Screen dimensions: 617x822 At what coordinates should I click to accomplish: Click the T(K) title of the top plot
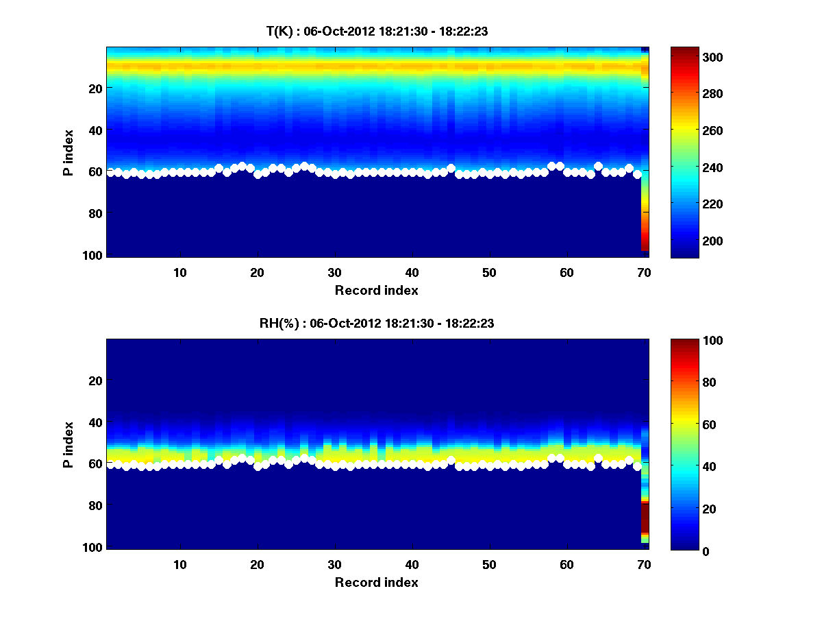[x=377, y=31]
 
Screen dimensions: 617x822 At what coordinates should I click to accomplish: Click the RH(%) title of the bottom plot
[x=377, y=324]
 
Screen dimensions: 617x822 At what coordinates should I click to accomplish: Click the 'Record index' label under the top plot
[x=377, y=290]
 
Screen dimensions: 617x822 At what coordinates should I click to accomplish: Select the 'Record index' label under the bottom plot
[x=377, y=582]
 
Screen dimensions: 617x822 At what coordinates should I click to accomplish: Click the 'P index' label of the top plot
[x=68, y=152]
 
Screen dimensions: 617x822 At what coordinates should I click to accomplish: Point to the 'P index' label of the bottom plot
[x=68, y=444]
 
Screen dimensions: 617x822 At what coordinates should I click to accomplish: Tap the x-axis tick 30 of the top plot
[x=334, y=272]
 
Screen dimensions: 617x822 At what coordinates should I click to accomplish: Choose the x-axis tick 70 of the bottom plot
[x=644, y=564]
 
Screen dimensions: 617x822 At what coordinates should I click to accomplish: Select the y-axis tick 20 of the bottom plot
[x=95, y=380]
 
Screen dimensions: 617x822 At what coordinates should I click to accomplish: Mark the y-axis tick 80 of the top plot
[x=95, y=213]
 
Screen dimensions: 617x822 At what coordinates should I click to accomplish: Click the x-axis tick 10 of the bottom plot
[x=179, y=564]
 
